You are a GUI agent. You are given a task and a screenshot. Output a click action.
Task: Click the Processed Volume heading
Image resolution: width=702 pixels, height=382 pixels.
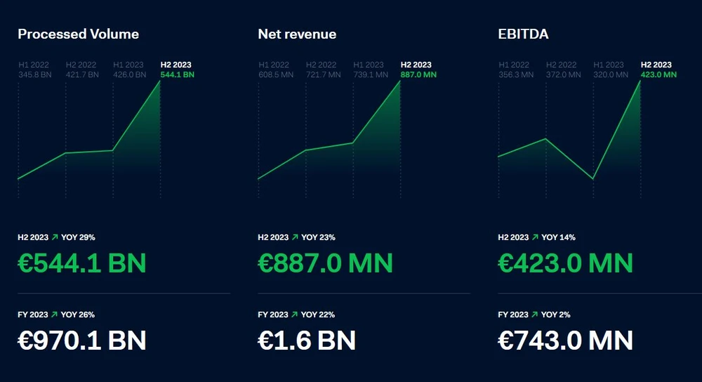pos(78,34)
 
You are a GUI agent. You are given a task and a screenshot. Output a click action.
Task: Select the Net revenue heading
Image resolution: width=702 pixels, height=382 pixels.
pos(297,34)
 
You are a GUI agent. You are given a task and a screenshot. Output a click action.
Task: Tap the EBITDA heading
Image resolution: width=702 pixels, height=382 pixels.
pos(523,34)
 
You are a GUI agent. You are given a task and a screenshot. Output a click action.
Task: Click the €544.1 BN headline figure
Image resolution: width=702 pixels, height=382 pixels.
pos(81,263)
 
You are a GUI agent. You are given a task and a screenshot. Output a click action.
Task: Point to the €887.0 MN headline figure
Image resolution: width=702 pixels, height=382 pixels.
pos(325,263)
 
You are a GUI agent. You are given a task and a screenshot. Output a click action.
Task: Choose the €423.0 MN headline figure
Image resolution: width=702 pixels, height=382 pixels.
pos(565,263)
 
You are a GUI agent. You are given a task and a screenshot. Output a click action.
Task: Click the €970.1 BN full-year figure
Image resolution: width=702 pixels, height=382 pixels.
pos(81,341)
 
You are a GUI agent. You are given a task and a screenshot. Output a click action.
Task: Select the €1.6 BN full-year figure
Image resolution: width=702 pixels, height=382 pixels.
pos(307,341)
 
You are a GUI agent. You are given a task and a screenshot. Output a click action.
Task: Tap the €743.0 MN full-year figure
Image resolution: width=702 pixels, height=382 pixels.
pos(565,341)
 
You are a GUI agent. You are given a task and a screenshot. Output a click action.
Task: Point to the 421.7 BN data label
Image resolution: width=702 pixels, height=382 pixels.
pos(81,74)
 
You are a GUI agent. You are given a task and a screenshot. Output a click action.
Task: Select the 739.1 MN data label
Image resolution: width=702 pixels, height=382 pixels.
pos(369,74)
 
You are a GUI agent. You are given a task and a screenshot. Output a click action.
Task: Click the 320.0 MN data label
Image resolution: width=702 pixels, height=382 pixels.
pos(609,74)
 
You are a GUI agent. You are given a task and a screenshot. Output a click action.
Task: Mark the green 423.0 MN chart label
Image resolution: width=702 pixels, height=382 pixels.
pos(658,74)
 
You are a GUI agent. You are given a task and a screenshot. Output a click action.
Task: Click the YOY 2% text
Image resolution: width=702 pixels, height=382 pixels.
pos(556,315)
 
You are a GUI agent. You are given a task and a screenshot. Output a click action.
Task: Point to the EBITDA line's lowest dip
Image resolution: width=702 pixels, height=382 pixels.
pos(593,179)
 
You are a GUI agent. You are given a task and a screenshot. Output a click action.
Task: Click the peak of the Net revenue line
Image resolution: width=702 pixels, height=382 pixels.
pos(400,81)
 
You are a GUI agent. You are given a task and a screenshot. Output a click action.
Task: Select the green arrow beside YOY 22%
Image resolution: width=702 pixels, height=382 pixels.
pos(295,315)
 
